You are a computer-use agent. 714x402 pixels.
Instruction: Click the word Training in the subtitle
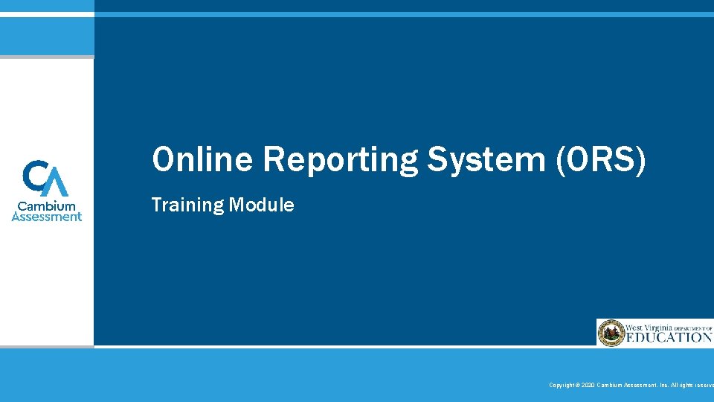tap(187, 205)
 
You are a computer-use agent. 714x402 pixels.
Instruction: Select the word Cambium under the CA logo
tap(47, 205)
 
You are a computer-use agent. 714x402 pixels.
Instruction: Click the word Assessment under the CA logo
tap(47, 217)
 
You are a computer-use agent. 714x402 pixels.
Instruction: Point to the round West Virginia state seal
tap(611, 333)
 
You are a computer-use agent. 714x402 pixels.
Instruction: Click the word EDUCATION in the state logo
tap(669, 337)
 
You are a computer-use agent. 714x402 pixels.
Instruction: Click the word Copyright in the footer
tap(561, 385)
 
